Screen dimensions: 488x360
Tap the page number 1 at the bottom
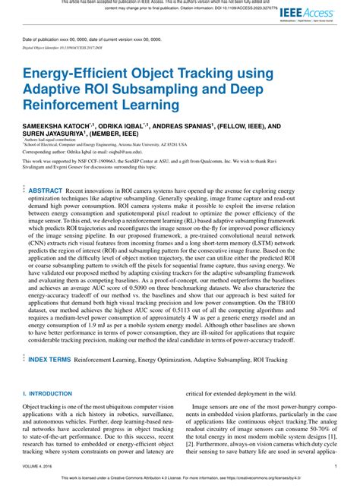tap(336, 467)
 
